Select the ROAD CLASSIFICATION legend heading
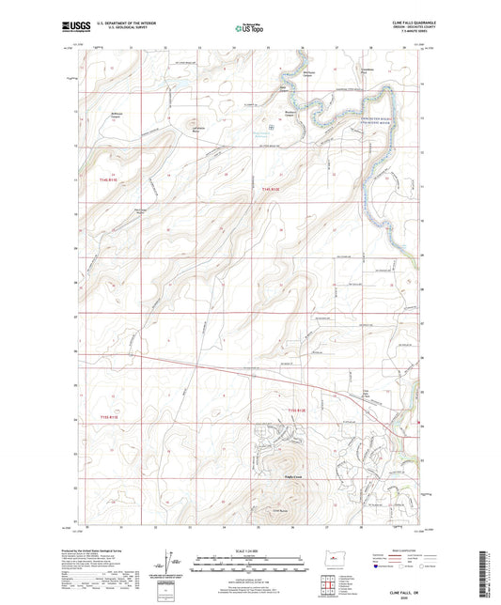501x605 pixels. point(399,548)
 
